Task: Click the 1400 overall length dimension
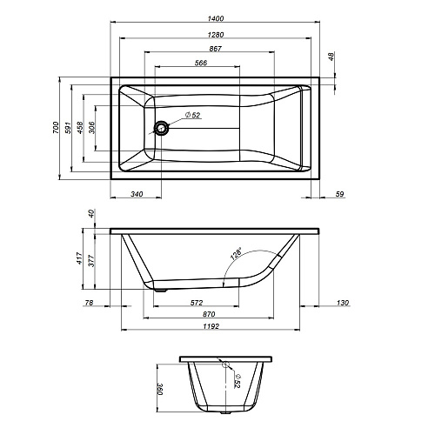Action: (216, 18)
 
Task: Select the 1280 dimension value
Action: (216, 35)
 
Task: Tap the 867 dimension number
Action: (215, 49)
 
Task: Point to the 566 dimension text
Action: (201, 63)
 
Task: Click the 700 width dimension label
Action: (56, 128)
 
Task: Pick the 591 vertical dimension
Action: (68, 128)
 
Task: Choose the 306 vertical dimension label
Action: (91, 128)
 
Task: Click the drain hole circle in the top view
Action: (161, 128)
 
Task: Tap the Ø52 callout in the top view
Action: (192, 115)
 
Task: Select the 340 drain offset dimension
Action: (137, 194)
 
